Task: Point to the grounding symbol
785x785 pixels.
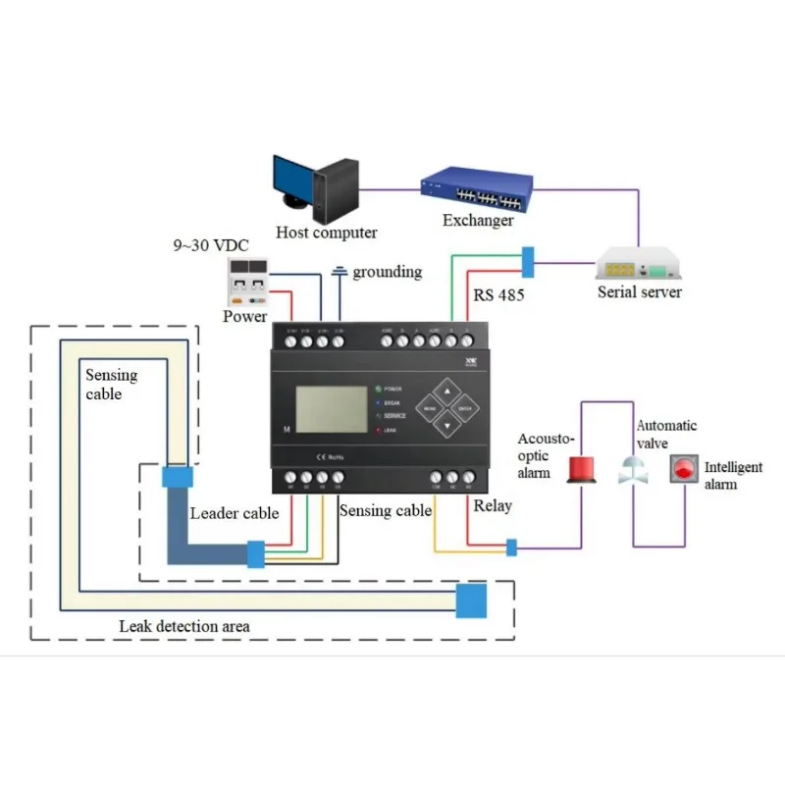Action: pyautogui.click(x=340, y=272)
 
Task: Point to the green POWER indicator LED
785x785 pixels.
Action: pyautogui.click(x=377, y=389)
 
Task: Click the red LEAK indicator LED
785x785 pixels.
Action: pyautogui.click(x=377, y=430)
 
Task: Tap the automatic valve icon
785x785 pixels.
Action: pyautogui.click(x=633, y=471)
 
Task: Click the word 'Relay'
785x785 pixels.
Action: pyautogui.click(x=492, y=506)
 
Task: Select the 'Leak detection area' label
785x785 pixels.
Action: pyautogui.click(x=184, y=626)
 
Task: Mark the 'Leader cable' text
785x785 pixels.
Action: pyautogui.click(x=235, y=513)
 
